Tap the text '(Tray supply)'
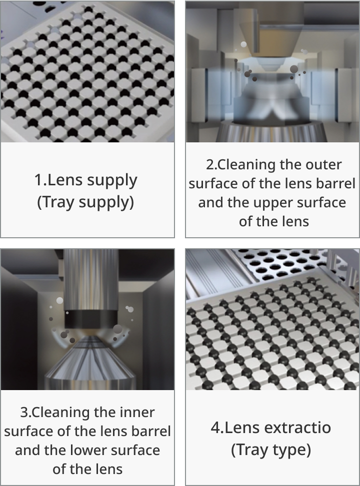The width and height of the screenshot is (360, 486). [85, 202]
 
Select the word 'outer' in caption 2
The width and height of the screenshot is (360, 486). [323, 165]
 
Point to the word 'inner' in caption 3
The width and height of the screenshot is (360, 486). [137, 413]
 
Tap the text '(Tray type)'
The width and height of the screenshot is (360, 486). [271, 450]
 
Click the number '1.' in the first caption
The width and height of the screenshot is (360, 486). [40, 180]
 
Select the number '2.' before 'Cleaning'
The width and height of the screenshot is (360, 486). [211, 165]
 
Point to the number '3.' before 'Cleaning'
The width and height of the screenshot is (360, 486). [26, 413]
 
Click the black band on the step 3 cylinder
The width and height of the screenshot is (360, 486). [91, 319]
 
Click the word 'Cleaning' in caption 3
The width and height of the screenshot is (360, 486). [61, 413]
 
